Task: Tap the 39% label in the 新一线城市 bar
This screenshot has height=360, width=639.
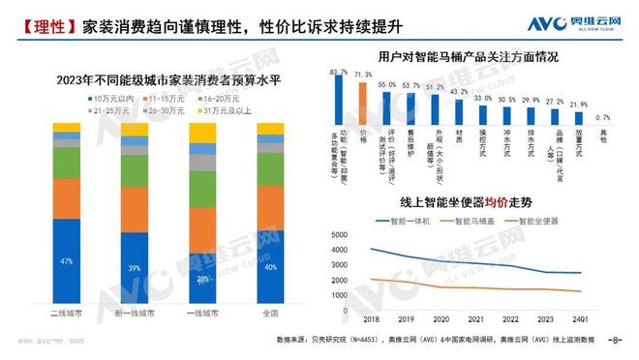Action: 135,268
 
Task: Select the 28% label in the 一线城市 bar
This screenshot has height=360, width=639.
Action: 202,280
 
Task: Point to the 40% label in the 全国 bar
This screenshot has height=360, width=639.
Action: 270,267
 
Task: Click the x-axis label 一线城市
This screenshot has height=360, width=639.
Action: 202,313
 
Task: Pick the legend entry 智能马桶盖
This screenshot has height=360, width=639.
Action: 480,221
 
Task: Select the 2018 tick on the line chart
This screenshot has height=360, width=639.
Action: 371,318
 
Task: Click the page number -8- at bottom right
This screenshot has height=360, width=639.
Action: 614,341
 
